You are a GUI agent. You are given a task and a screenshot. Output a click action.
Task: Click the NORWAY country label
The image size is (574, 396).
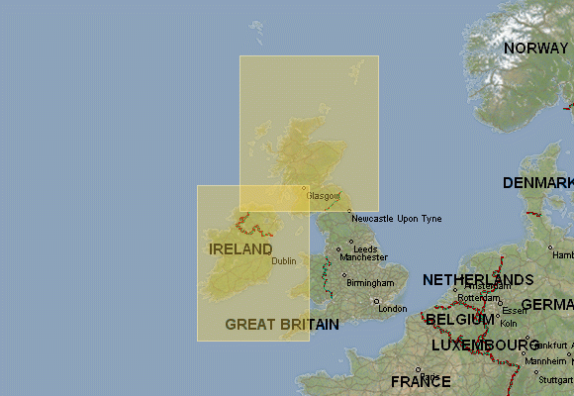(535, 48)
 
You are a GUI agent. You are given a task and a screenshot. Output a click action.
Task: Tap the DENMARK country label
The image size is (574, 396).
(537, 183)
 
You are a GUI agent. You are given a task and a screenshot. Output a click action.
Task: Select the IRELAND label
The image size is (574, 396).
(240, 247)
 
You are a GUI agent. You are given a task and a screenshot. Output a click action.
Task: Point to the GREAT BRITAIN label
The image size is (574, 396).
(282, 324)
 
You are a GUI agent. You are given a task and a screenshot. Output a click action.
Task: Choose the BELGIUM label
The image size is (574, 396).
(459, 320)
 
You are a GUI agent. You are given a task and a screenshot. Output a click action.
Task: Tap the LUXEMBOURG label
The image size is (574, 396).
(485, 345)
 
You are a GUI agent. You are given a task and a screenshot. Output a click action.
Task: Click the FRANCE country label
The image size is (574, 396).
(421, 381)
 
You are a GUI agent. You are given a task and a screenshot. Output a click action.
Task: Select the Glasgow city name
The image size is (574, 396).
(323, 196)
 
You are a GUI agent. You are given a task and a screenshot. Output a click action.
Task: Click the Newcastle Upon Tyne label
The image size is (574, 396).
(396, 218)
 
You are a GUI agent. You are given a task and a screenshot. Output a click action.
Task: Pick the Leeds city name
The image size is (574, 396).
(365, 248)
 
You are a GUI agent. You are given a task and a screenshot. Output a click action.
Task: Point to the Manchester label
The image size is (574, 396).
(363, 257)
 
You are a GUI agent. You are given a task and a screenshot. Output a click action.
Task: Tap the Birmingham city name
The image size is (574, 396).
(370, 283)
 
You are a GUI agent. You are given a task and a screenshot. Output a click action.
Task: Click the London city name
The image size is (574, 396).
(393, 308)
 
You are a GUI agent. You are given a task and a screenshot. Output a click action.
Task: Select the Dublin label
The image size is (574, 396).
(284, 261)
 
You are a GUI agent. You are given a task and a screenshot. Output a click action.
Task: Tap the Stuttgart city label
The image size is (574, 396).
(557, 379)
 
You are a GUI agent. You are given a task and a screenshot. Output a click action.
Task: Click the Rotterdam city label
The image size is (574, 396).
(479, 297)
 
